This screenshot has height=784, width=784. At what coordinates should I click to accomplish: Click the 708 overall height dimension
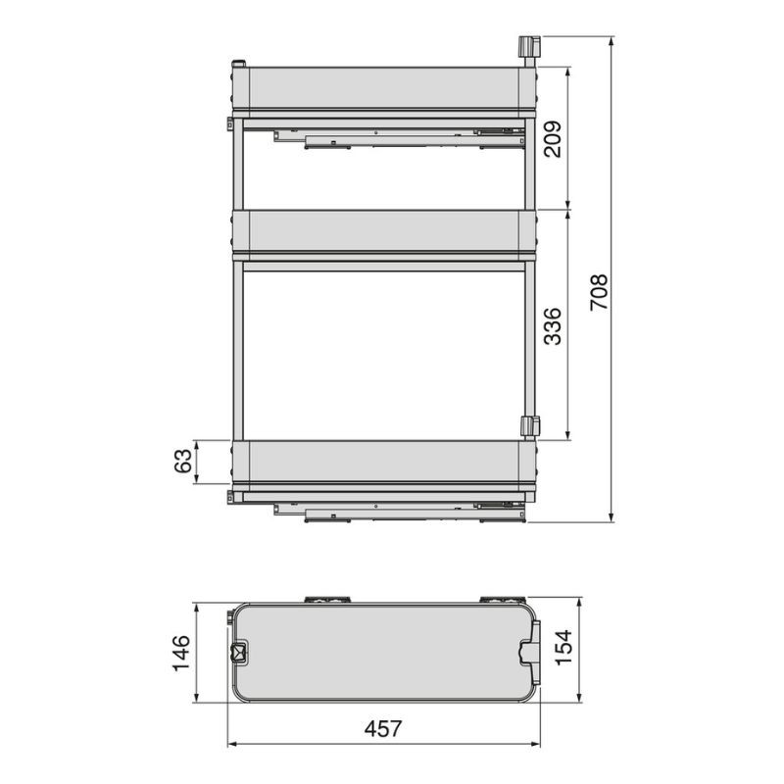point(599,292)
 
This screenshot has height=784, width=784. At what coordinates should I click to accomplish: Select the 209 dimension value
point(553,139)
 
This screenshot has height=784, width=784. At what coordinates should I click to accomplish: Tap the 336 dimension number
point(553,326)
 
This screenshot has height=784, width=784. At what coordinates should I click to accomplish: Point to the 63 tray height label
point(183,461)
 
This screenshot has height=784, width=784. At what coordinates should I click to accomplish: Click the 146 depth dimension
point(181,653)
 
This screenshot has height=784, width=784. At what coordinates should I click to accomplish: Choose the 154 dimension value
point(563,648)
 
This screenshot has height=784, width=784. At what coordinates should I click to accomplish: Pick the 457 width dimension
point(383,728)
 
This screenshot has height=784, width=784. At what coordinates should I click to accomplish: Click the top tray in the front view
point(384,89)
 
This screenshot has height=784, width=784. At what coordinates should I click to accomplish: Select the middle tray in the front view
point(384,232)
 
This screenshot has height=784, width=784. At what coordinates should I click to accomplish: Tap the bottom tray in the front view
point(384,463)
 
